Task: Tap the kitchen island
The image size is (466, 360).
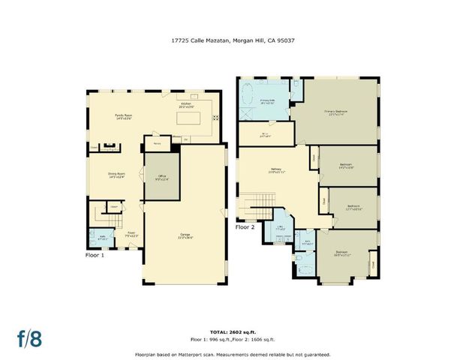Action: [189, 118]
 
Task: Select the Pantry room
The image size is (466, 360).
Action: [158, 142]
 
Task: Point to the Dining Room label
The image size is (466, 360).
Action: [116, 175]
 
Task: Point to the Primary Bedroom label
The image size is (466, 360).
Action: [335, 112]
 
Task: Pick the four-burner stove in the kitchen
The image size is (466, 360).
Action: [216, 118]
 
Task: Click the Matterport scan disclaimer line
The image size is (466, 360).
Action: [233, 354]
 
